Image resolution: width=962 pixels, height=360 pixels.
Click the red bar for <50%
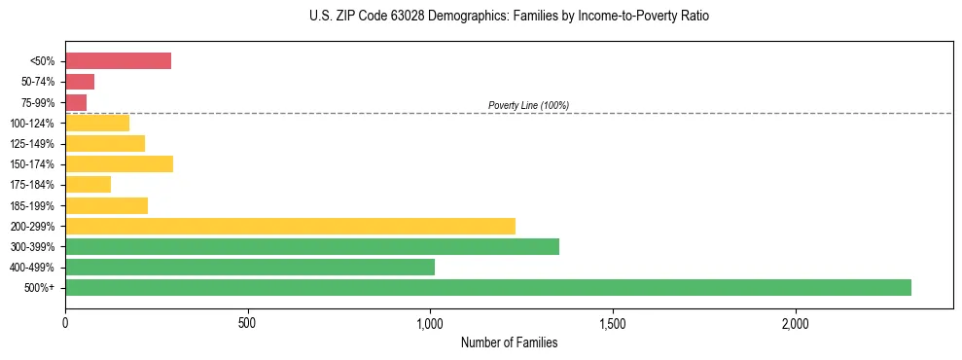(118, 61)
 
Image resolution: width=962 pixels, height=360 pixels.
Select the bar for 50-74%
(80, 82)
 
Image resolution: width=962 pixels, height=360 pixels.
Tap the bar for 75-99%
(76, 102)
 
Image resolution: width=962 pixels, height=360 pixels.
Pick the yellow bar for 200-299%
(290, 226)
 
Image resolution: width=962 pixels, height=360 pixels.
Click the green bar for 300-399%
(312, 246)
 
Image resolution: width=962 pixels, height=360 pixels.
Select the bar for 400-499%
(250, 267)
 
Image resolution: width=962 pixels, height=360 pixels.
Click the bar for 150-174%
(119, 163)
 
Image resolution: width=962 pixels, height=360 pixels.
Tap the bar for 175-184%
(88, 184)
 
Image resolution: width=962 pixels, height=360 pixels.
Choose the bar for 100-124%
(97, 123)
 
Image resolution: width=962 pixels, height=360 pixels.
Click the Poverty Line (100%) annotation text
(528, 105)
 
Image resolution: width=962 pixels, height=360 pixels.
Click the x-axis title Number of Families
(509, 342)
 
